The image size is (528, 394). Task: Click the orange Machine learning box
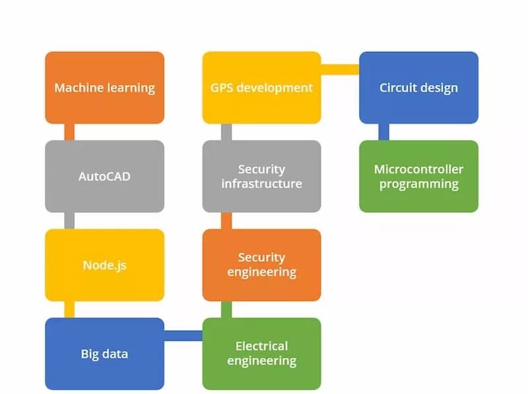pyautogui.click(x=104, y=88)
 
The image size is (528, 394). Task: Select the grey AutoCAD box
pyautogui.click(x=104, y=176)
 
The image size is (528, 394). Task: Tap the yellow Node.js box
pyautogui.click(x=104, y=266)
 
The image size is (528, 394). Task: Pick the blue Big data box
pyautogui.click(x=104, y=354)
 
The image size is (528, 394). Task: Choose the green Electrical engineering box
pyautogui.click(x=261, y=354)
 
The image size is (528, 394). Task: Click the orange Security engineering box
pyautogui.click(x=261, y=265)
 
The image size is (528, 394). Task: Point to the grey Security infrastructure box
pyautogui.click(x=261, y=176)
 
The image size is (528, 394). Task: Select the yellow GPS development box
pyautogui.click(x=261, y=88)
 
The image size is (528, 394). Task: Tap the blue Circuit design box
pyautogui.click(x=418, y=88)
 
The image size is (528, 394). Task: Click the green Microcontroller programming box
pyautogui.click(x=418, y=176)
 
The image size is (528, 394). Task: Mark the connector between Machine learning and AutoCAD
pyautogui.click(x=69, y=132)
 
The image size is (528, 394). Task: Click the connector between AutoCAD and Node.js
pyautogui.click(x=69, y=221)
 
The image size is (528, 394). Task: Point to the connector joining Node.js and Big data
pyautogui.click(x=69, y=310)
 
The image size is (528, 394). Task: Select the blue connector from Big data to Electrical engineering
pyautogui.click(x=183, y=335)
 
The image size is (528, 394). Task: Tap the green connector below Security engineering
pyautogui.click(x=226, y=310)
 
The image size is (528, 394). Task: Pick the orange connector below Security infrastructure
pyautogui.click(x=226, y=221)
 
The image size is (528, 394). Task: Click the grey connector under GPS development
pyautogui.click(x=226, y=132)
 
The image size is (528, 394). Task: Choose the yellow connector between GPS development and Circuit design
pyautogui.click(x=340, y=69)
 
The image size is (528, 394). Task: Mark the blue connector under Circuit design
pyautogui.click(x=383, y=132)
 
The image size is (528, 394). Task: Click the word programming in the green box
pyautogui.click(x=418, y=184)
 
